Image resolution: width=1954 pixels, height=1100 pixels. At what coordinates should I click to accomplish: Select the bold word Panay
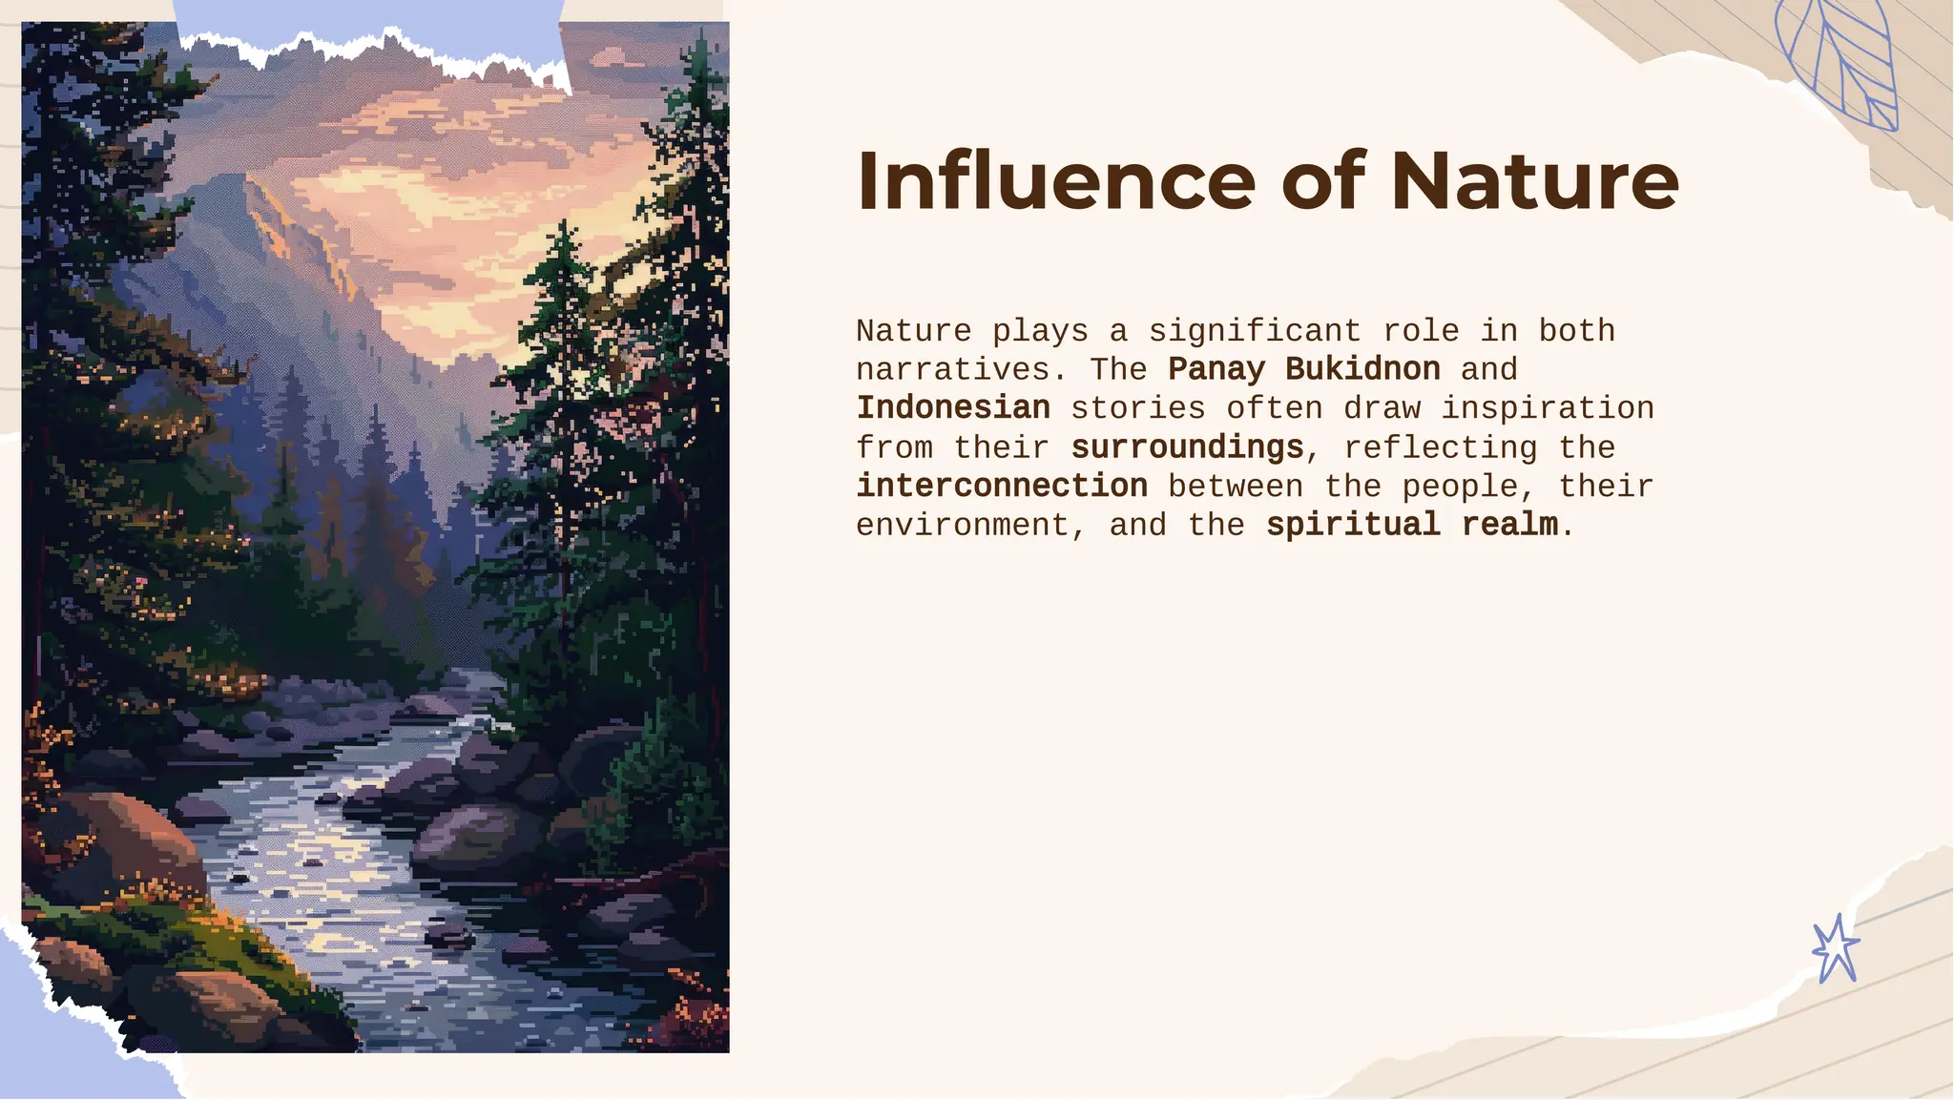(x=1216, y=369)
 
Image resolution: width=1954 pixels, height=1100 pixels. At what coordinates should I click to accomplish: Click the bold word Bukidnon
(x=1362, y=369)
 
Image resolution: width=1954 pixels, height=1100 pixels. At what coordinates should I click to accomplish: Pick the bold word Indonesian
(x=953, y=408)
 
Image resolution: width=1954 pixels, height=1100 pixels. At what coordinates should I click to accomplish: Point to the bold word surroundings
(x=1187, y=447)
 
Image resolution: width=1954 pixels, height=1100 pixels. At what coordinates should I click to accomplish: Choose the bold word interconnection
(x=1002, y=487)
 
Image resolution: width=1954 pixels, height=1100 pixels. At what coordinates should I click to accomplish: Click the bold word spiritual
(x=1353, y=525)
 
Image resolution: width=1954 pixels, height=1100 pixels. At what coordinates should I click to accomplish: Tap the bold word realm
(x=1509, y=525)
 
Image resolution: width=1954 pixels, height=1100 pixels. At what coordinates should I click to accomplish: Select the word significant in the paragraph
(x=1255, y=331)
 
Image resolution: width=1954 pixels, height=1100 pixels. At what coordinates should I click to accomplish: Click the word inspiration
(x=1548, y=408)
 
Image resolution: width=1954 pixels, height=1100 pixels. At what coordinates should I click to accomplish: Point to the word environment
(x=963, y=526)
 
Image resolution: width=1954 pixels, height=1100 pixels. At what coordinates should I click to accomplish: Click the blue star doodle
(x=1836, y=948)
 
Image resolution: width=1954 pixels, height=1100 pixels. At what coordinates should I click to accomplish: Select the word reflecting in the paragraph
(x=1441, y=447)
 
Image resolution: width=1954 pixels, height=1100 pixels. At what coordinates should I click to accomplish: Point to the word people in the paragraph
(x=1460, y=487)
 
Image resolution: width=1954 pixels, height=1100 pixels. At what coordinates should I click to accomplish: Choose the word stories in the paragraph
(x=1138, y=408)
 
